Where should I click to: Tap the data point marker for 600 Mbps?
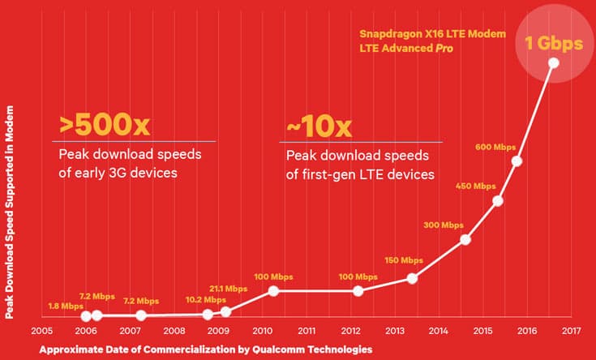[517, 161]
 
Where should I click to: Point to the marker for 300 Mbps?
[465, 239]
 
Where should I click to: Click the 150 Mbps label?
[403, 260]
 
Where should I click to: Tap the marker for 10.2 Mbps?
[208, 314]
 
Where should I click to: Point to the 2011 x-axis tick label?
[307, 331]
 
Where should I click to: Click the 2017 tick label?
[571, 331]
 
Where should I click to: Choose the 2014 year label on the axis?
[439, 331]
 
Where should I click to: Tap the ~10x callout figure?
[319, 126]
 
